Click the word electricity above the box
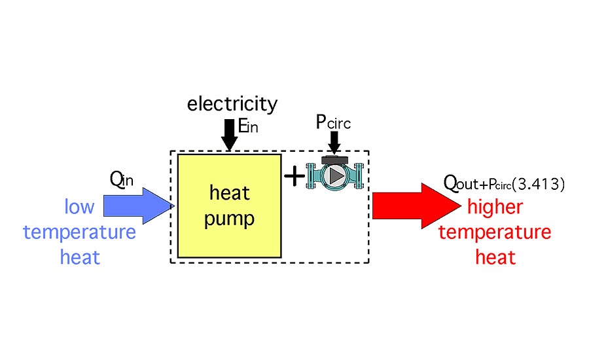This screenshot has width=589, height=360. [232, 104]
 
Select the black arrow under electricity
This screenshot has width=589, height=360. [229, 134]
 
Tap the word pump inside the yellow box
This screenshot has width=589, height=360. [229, 218]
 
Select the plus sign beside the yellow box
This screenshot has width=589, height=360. [294, 175]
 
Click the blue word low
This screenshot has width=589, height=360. [79, 207]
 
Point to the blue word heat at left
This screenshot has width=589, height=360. [80, 257]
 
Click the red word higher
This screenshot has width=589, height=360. [495, 207]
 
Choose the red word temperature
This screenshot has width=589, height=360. [495, 232]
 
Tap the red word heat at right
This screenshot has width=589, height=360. [495, 257]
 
